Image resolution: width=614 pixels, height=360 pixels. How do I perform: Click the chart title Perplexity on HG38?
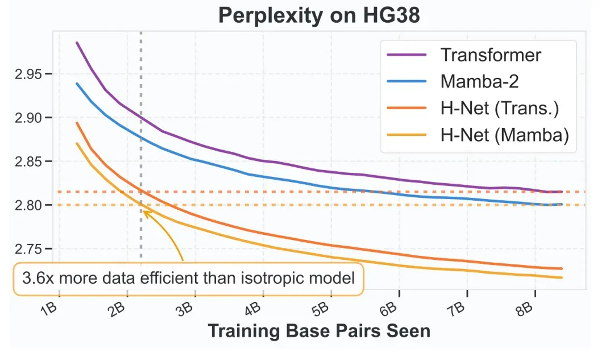pyautogui.click(x=319, y=15)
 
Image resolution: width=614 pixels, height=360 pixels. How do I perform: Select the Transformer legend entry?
pyautogui.click(x=491, y=55)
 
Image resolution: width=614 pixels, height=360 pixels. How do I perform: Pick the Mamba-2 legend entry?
pyautogui.click(x=479, y=81)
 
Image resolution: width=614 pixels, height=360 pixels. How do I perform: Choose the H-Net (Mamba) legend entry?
pyautogui.click(x=504, y=135)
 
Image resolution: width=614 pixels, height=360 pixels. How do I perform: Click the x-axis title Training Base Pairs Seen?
pyautogui.click(x=318, y=331)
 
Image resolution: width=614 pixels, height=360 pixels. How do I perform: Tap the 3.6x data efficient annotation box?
pyautogui.click(x=188, y=279)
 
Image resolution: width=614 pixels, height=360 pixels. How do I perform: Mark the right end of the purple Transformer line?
pyautogui.click(x=562, y=192)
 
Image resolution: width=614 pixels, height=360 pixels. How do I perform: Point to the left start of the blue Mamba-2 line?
pyautogui.click(x=77, y=84)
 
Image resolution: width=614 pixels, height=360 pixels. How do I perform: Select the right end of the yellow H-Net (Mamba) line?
pyautogui.click(x=562, y=278)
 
